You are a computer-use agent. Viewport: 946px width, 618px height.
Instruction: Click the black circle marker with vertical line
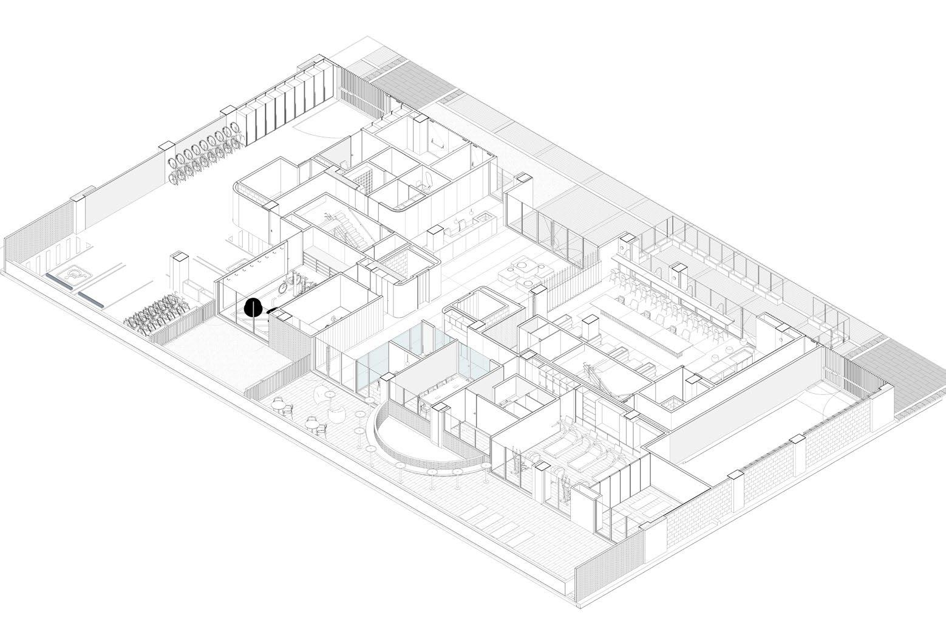(x=253, y=308)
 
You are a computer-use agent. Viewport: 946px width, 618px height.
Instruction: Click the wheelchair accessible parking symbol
(x=73, y=275)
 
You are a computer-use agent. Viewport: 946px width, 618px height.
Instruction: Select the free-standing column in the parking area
(x=181, y=273)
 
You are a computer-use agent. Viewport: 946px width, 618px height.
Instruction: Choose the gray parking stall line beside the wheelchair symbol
(x=92, y=297)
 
